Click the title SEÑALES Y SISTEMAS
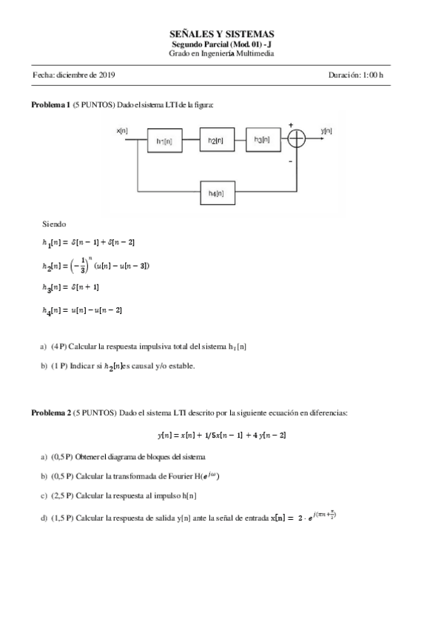[x=221, y=34]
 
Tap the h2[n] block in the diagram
[x=215, y=140]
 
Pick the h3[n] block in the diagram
[x=262, y=138]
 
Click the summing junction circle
[x=296, y=138]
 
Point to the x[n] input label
[x=122, y=130]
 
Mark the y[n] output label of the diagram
[x=326, y=130]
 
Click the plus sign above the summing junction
[x=291, y=124]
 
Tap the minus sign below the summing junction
[x=290, y=159]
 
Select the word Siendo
[x=54, y=223]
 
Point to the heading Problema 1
[x=50, y=105]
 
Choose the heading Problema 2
[x=50, y=411]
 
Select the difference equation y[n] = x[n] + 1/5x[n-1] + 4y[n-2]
[x=221, y=435]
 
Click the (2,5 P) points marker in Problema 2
[x=63, y=495]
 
